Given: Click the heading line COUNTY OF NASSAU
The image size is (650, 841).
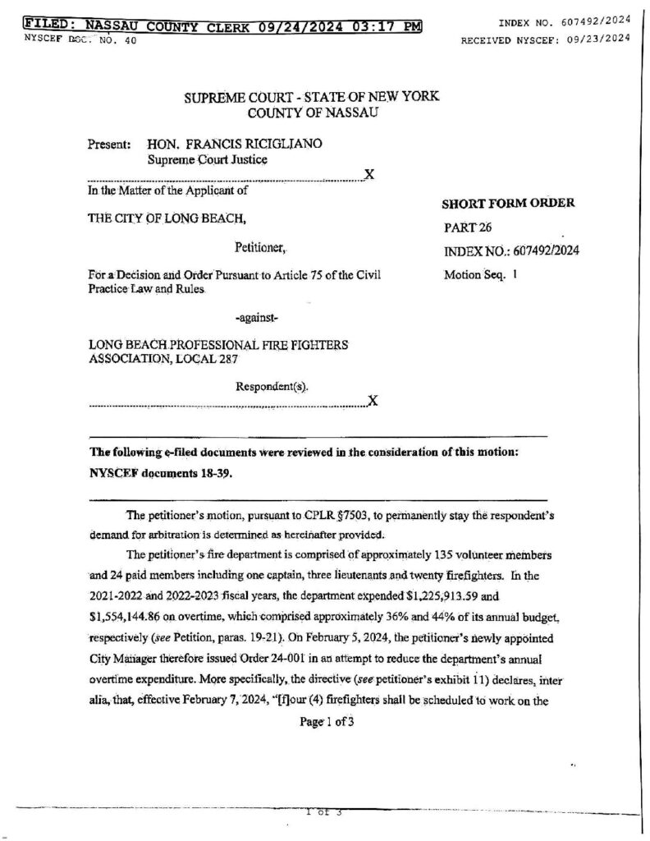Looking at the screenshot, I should pyautogui.click(x=313, y=112).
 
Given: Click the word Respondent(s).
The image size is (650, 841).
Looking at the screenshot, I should pyautogui.click(x=272, y=385).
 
